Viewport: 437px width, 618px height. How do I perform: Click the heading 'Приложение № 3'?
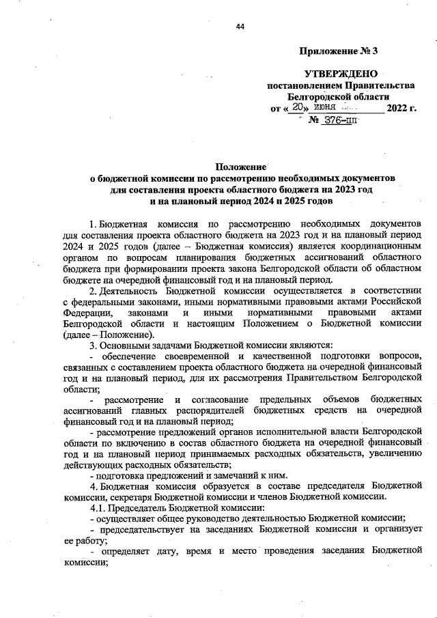pyautogui.click(x=338, y=51)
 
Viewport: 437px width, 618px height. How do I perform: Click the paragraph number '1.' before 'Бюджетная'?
pyautogui.click(x=94, y=224)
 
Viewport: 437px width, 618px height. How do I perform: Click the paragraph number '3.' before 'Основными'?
pyautogui.click(x=94, y=346)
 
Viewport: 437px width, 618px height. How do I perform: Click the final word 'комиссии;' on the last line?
pyautogui.click(x=85, y=565)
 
